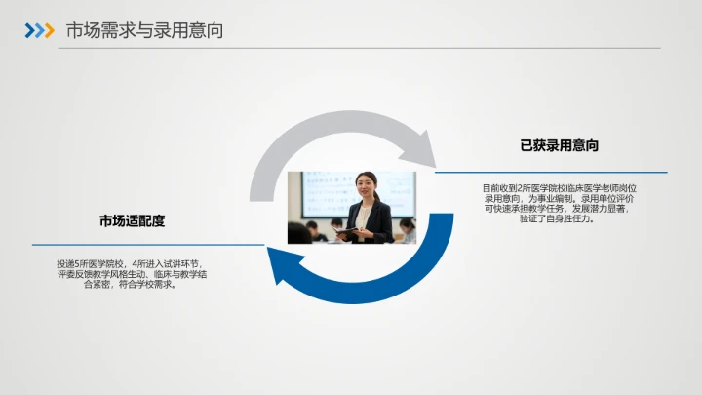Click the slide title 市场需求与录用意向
[144, 30]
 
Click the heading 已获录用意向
[559, 145]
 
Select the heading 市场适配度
[132, 220]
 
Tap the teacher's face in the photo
[366, 184]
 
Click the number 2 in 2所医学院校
[522, 187]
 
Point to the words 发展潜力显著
[601, 209]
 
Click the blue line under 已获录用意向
[551, 173]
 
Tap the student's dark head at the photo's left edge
[298, 233]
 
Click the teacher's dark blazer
[375, 222]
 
